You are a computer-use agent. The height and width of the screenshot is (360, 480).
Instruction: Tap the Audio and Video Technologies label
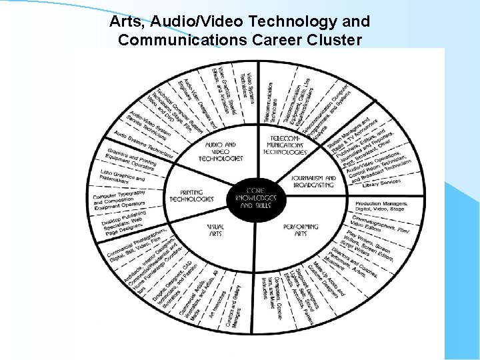(x=220, y=152)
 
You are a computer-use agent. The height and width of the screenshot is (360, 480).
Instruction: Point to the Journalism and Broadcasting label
(x=313, y=181)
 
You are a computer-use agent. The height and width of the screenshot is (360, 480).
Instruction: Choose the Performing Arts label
(x=300, y=230)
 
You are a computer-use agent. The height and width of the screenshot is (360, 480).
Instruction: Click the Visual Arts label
(x=215, y=231)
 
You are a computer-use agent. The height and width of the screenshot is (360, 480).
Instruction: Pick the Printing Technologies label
(x=191, y=196)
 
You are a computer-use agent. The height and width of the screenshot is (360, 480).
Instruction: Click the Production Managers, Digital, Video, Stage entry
(x=387, y=207)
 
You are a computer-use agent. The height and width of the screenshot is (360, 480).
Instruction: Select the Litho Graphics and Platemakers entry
(x=122, y=177)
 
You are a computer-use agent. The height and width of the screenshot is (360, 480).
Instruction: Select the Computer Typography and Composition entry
(x=119, y=199)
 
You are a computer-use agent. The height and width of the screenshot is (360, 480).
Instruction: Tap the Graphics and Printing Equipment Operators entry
(x=131, y=160)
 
